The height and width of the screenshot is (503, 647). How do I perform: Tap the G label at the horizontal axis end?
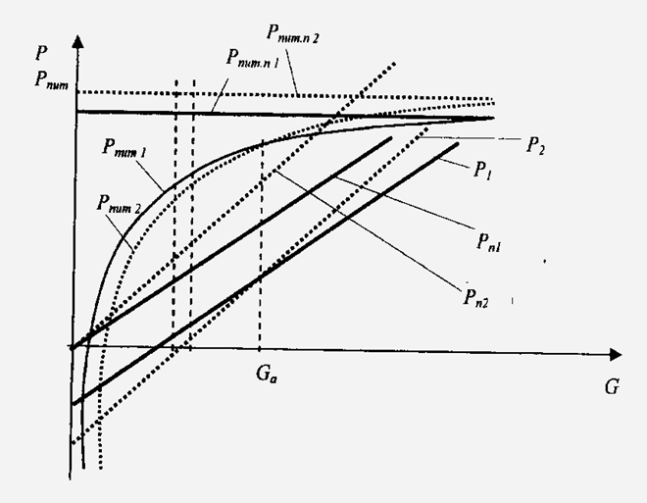click(612, 386)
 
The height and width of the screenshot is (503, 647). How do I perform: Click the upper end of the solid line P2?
click(389, 139)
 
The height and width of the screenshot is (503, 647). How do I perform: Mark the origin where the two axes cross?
click(75, 347)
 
